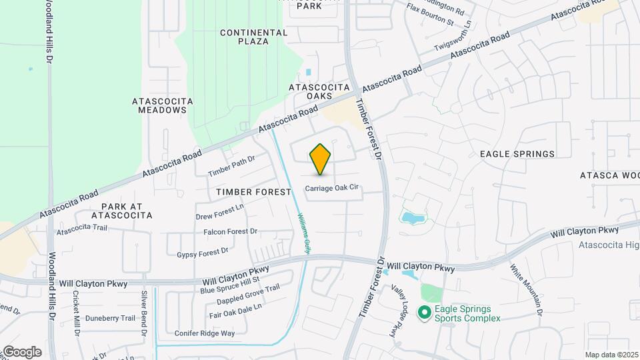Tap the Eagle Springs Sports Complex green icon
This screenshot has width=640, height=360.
click(423, 312)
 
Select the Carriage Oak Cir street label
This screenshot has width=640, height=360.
click(333, 188)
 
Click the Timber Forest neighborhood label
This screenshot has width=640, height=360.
click(254, 192)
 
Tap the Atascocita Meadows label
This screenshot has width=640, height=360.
click(163, 105)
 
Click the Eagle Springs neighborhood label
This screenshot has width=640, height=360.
click(517, 154)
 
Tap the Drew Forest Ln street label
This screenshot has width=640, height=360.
click(220, 213)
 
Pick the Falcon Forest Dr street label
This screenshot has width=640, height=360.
click(231, 231)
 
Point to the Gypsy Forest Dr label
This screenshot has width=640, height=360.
click(203, 252)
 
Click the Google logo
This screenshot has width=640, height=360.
click(21, 351)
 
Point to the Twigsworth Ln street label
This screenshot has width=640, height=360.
click(453, 43)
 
